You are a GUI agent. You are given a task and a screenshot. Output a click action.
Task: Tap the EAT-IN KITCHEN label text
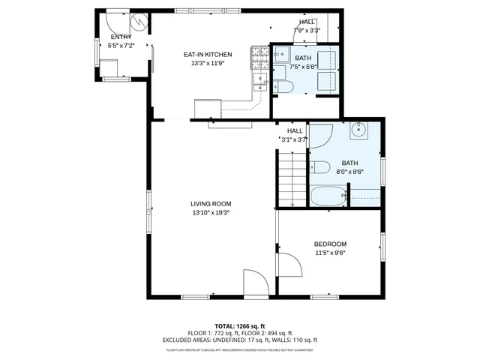pos(208,54)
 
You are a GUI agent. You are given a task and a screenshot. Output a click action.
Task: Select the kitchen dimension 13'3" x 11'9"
pos(208,63)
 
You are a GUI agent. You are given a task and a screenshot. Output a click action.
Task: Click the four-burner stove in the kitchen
pos(259,53)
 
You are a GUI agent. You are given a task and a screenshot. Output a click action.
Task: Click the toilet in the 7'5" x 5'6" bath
pos(283,88)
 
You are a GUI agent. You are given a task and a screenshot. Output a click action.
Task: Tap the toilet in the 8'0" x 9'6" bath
pos(318,166)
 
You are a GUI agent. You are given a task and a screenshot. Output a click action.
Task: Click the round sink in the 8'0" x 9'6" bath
pos(359,130)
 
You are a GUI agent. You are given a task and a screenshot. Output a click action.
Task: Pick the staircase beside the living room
pos(292,178)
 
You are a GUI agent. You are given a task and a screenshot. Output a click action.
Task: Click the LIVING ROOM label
pos(210,203)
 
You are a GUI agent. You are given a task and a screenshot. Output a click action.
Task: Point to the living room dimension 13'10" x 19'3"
pos(210,212)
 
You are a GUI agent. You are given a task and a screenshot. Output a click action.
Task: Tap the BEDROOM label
pos(330,244)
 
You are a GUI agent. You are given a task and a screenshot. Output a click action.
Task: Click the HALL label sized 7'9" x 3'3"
pos(307,22)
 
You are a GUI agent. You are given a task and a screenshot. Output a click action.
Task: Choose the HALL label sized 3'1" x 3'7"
pos(295,130)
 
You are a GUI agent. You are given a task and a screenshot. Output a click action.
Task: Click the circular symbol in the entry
pos(138,20)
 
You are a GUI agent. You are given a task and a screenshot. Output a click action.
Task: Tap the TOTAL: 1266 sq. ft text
pos(240,325)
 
